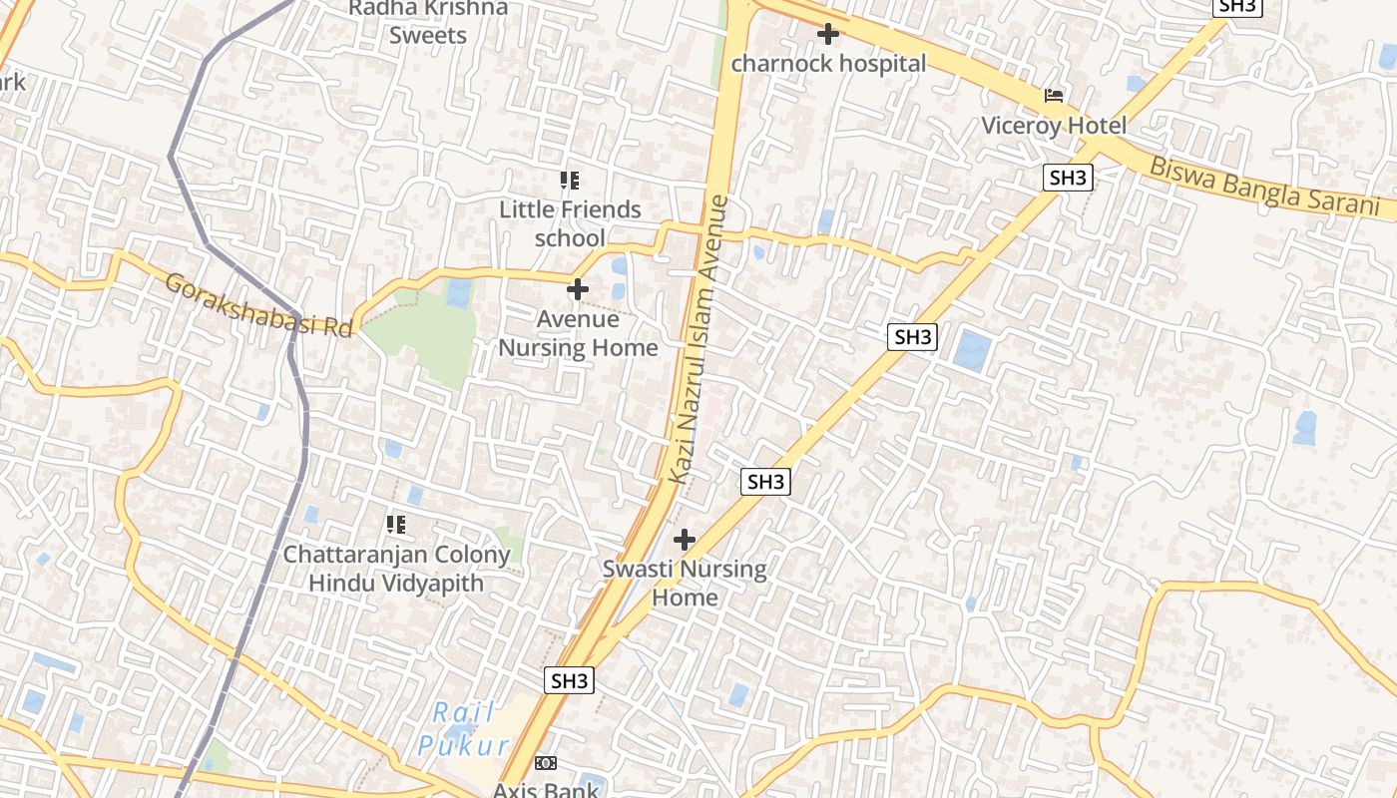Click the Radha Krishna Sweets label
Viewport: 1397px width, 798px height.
(428, 21)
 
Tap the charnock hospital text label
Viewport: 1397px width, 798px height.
(828, 64)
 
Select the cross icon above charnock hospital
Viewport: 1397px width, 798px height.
(827, 35)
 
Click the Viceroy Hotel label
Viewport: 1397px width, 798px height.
(1054, 126)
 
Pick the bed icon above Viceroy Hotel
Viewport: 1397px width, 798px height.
(1054, 96)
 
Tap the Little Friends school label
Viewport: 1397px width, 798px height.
(570, 223)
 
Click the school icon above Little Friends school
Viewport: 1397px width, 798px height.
(570, 181)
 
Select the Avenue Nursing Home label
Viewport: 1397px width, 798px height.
(578, 333)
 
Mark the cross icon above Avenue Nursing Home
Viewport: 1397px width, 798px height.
(578, 290)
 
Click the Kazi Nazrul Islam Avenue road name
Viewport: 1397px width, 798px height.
(699, 339)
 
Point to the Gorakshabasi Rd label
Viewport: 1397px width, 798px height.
(259, 305)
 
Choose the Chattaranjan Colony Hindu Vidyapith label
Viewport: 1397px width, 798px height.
(396, 569)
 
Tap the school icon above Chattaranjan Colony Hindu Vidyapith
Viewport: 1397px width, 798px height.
(396, 524)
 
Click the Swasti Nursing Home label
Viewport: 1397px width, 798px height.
(685, 584)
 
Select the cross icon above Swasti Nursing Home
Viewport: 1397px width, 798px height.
(685, 541)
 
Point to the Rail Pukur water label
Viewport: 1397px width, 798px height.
(464, 729)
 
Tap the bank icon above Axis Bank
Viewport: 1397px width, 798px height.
(546, 763)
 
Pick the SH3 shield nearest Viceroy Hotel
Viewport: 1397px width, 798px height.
(1068, 179)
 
